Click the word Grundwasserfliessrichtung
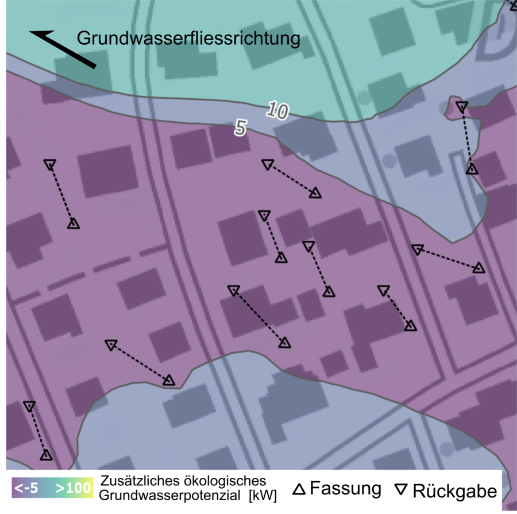189,39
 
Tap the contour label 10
277,111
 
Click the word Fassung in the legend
345,489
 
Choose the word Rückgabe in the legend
454,491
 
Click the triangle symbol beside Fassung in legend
299,489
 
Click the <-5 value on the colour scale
26,489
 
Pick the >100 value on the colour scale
74,489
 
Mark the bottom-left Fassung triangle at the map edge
46,455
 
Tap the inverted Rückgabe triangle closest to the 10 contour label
267,165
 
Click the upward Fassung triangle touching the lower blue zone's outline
168,380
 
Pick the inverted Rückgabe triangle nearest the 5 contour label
267,165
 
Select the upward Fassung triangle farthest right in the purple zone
479,268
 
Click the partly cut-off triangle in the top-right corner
513,5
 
